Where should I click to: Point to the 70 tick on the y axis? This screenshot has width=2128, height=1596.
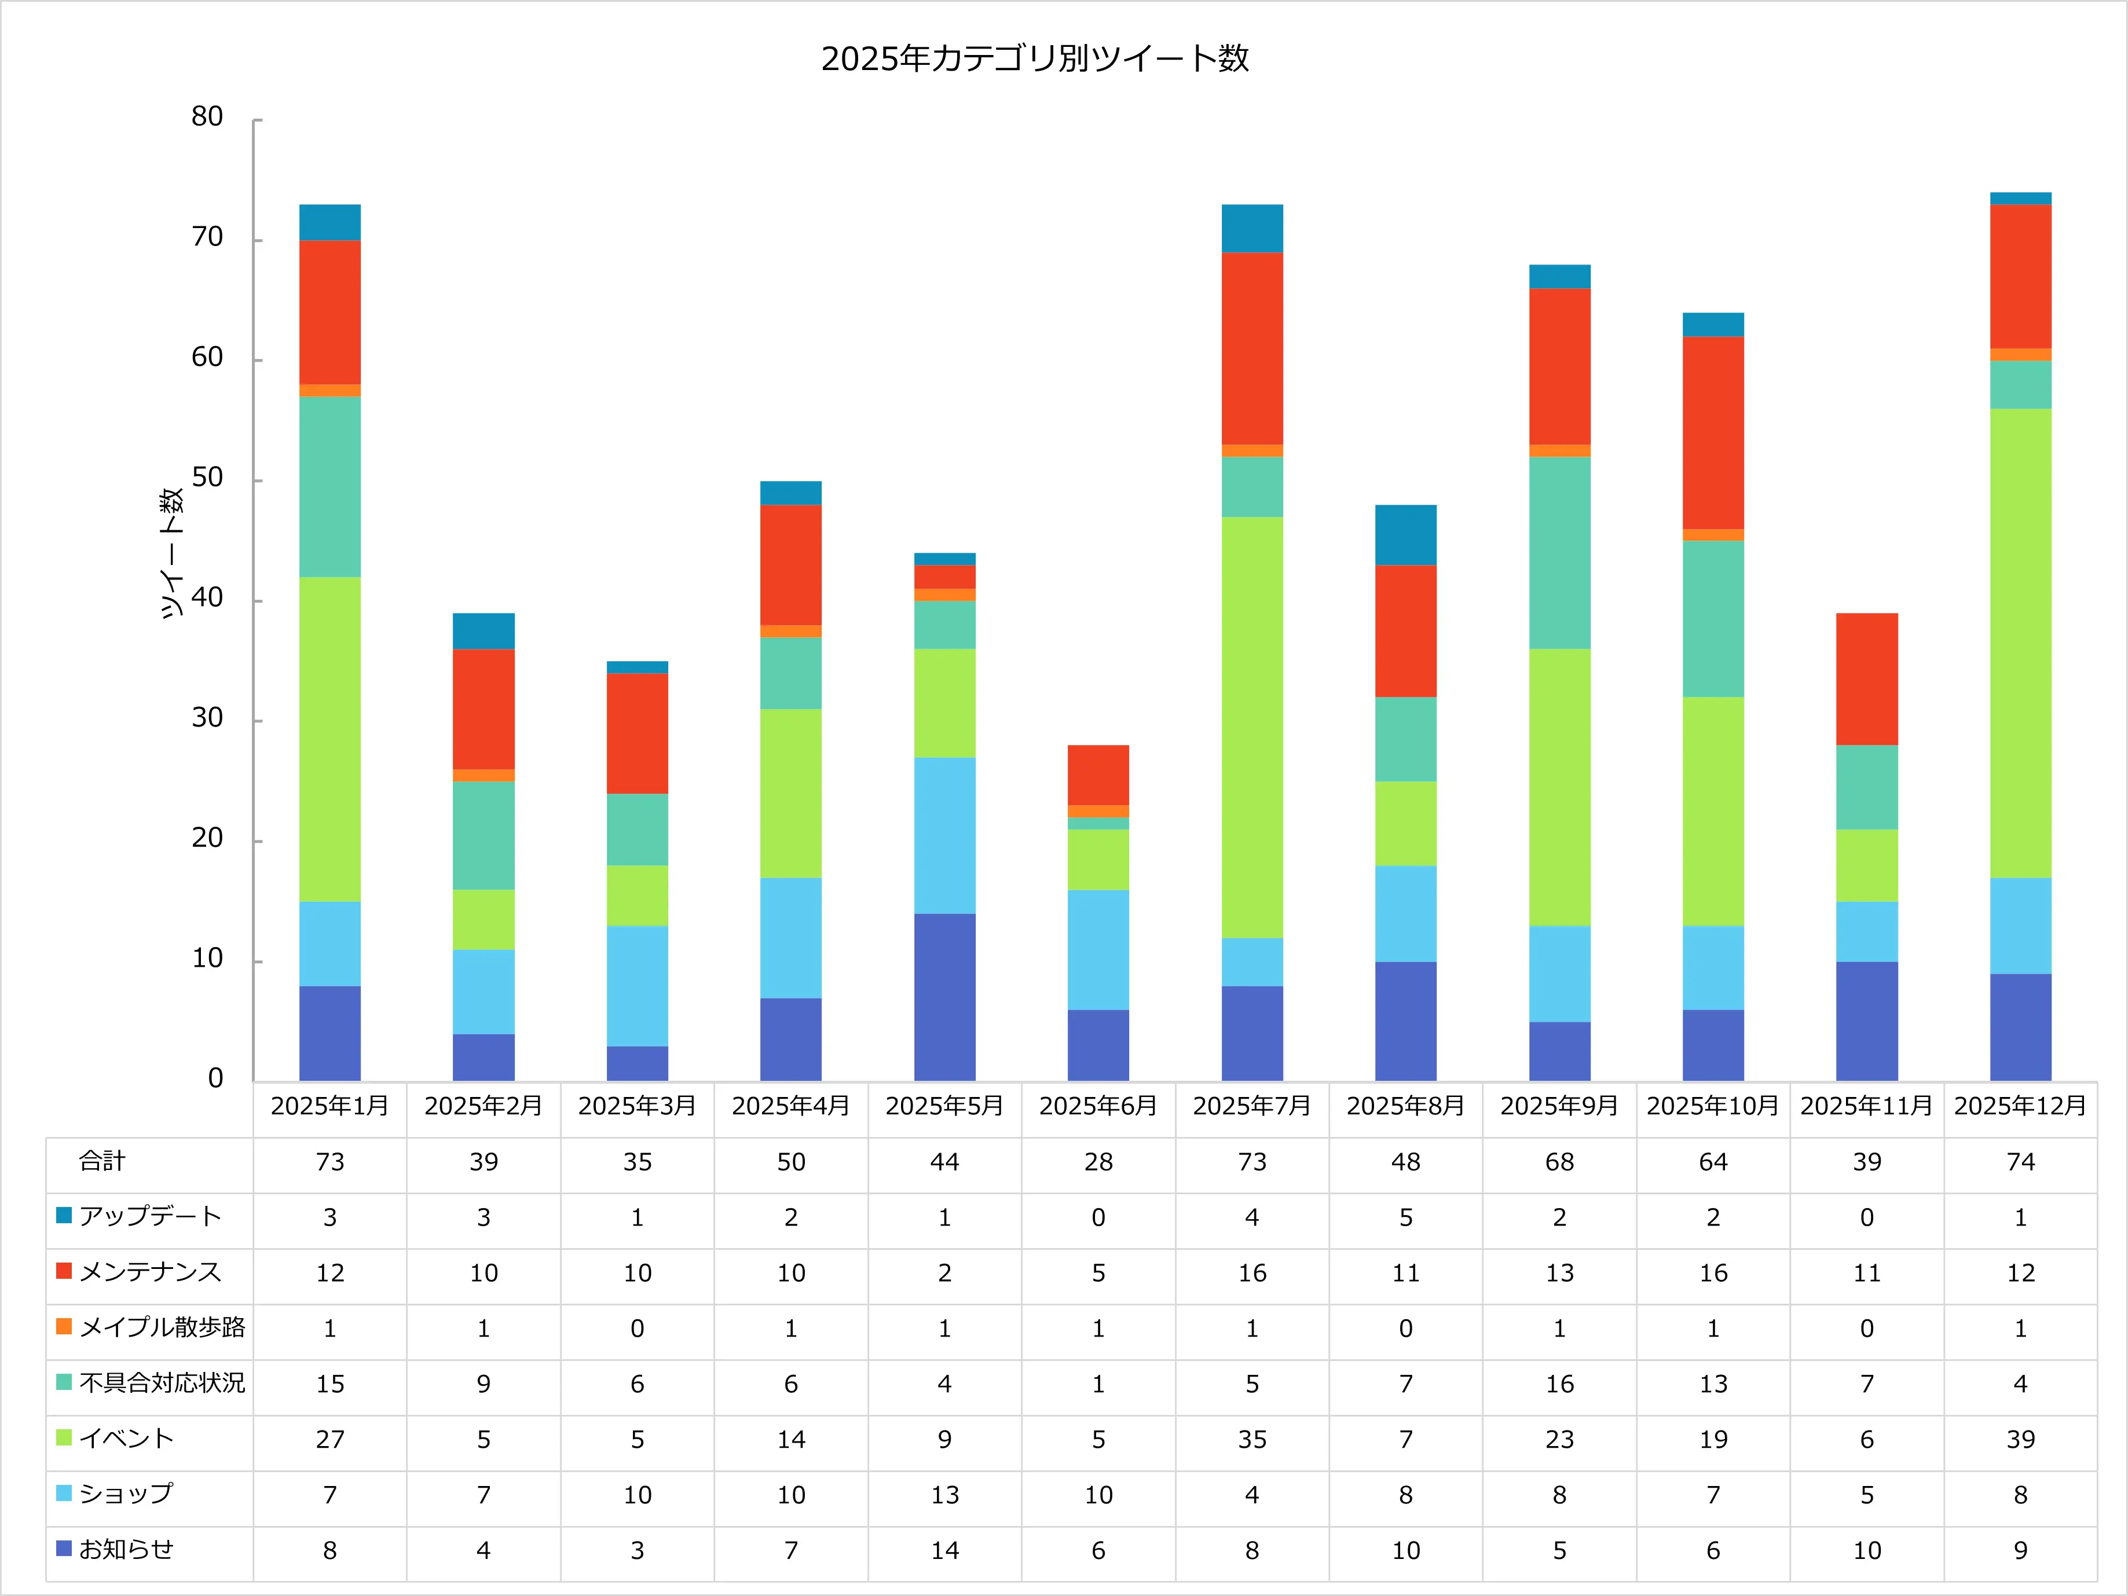pyautogui.click(x=207, y=237)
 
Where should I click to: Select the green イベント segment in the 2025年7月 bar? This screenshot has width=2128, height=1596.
pyautogui.click(x=1251, y=727)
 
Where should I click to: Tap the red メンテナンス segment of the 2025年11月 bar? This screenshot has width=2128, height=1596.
pyautogui.click(x=1866, y=678)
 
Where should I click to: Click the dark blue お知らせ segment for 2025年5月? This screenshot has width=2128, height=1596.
pyautogui.click(x=944, y=997)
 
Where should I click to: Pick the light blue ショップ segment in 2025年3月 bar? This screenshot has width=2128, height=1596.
pyautogui.click(x=637, y=985)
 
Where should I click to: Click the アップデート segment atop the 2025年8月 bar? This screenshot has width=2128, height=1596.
pyautogui.click(x=1405, y=535)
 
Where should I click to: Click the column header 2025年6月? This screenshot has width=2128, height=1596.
pyautogui.click(x=1098, y=1106)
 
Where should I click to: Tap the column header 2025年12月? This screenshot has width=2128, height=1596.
pyautogui.click(x=2020, y=1106)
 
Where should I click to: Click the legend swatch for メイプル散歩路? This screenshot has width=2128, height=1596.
pyautogui.click(x=64, y=1327)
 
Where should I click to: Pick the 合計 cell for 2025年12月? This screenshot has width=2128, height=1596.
pyautogui.click(x=2020, y=1162)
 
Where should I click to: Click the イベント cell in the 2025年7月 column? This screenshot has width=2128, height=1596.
pyautogui.click(x=1251, y=1439)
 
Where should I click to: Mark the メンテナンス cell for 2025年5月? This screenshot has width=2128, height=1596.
pyautogui.click(x=944, y=1273)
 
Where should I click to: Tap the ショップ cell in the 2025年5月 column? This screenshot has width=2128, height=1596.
pyautogui.click(x=944, y=1495)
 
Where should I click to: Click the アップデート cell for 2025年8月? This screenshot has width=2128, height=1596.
pyautogui.click(x=1405, y=1218)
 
